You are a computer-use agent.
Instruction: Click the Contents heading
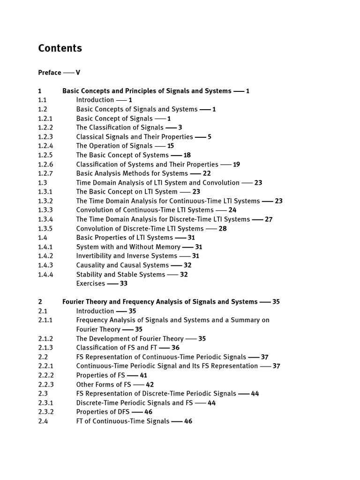60,48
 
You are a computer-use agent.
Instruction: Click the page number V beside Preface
78,73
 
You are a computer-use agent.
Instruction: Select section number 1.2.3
45,137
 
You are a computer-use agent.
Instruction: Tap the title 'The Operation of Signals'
114,146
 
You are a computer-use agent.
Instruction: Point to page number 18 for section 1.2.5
187,155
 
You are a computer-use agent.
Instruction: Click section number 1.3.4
45,219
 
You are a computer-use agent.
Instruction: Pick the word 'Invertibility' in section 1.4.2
94,256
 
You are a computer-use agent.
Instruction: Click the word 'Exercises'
90,284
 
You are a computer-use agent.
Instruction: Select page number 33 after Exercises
124,284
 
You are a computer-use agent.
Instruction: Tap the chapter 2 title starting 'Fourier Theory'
160,302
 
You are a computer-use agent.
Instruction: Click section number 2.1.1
45,320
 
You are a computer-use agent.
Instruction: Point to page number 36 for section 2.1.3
175,348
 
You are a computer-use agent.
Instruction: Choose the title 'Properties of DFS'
103,412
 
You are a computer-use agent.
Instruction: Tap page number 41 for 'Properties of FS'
143,375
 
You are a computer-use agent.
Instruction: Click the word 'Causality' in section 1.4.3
91,265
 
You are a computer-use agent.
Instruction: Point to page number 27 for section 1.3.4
269,219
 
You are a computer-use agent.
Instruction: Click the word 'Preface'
50,73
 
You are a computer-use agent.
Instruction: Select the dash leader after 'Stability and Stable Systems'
172,275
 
